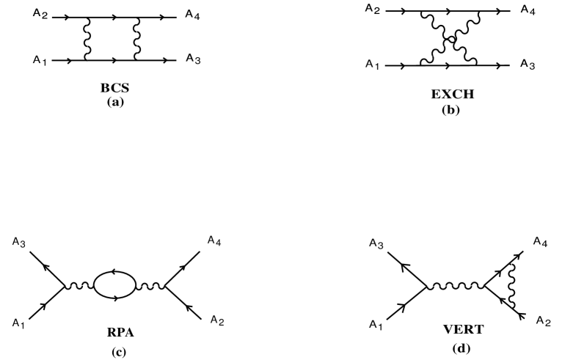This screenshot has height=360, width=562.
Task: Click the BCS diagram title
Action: click(x=114, y=89)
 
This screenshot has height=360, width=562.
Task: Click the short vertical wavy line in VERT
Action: click(x=510, y=286)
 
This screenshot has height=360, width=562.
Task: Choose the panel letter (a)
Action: click(x=114, y=103)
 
